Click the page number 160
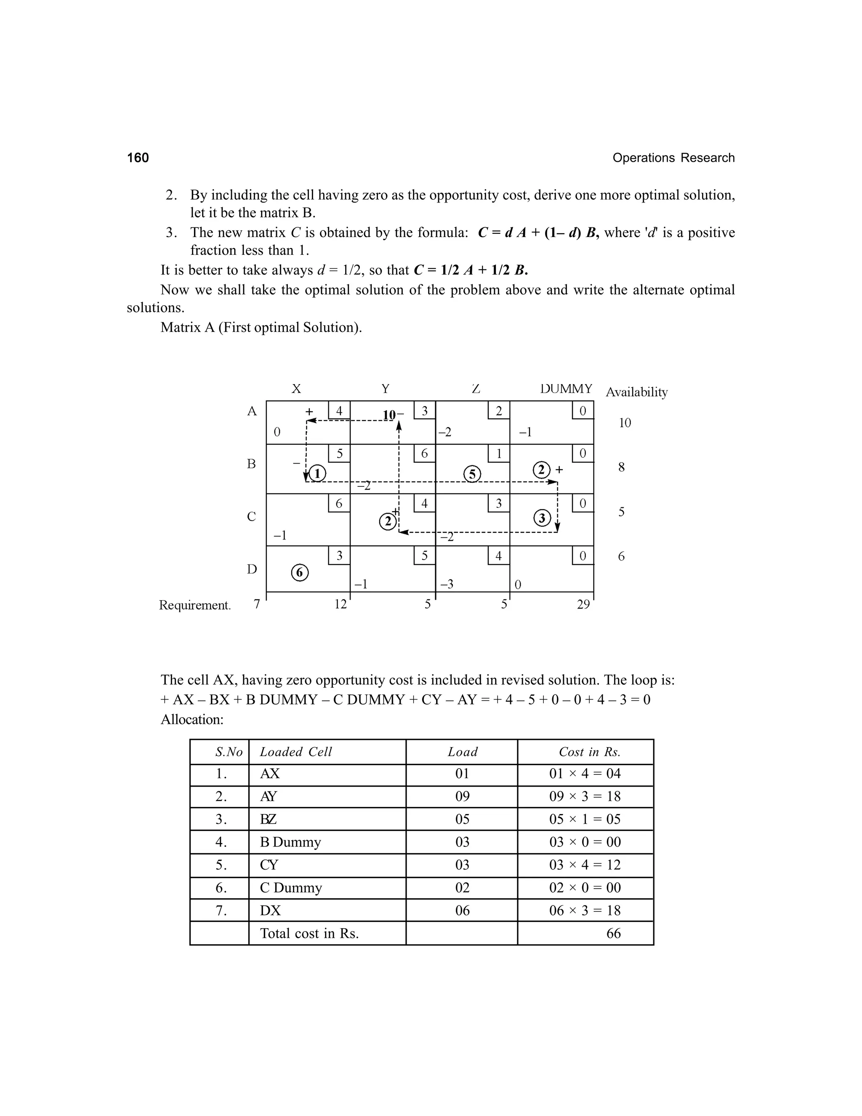pos(138,158)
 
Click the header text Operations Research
pos(673,158)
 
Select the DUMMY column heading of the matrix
pos(566,389)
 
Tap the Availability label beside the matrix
pos(636,392)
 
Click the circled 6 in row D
pos(300,573)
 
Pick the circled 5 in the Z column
pos(472,474)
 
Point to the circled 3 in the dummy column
pos(542,518)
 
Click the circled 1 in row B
pos(317,474)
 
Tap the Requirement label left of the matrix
pos(194,605)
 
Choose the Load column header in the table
pos(462,752)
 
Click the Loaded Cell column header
pos(295,752)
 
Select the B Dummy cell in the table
pos(290,842)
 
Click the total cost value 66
pos(613,934)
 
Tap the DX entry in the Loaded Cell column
pos(270,910)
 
